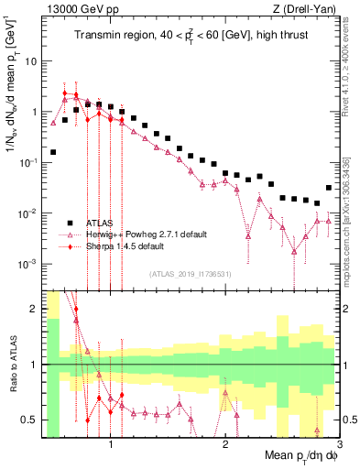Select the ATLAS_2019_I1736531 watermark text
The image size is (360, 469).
[190, 273]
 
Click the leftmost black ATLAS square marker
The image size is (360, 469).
[53, 152]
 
